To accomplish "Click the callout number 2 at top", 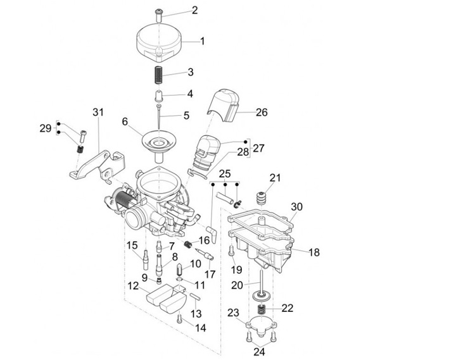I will pos(194,10).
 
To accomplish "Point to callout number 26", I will pos(262,113).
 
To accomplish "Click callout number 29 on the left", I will pos(45,128).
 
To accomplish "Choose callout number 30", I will pos(298,207).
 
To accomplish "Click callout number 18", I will pos(314,252).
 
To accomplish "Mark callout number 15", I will pos(132,245).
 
